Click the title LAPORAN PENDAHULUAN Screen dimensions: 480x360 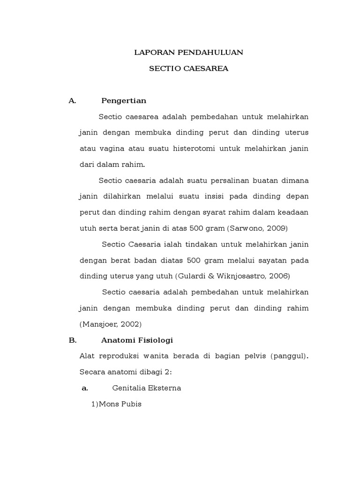coord(188,52)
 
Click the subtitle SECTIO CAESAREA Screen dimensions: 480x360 coord(188,68)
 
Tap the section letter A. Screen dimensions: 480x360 coord(72,101)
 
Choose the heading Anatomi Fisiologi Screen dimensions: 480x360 coord(137,340)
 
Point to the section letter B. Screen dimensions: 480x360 coord(72,340)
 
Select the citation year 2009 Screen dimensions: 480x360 coord(277,228)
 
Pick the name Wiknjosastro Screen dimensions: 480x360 coord(241,276)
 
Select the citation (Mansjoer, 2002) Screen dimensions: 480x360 coord(110,324)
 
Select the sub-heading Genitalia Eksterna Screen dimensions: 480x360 coord(147,388)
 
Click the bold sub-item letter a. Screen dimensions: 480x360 coord(85,388)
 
